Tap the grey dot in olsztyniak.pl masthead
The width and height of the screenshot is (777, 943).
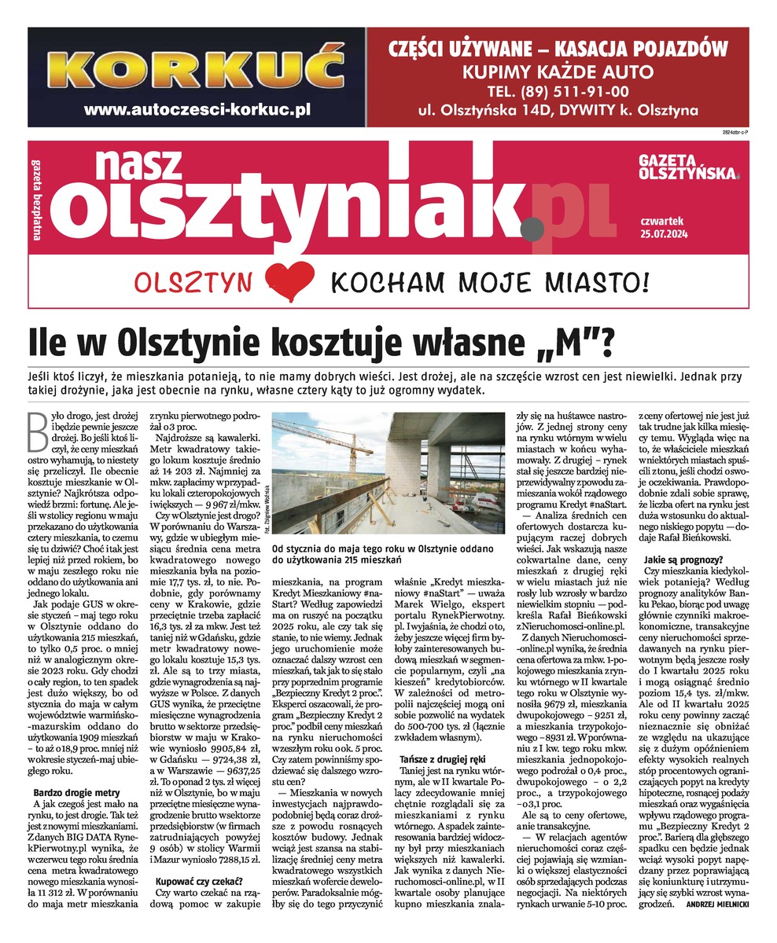pos(531,228)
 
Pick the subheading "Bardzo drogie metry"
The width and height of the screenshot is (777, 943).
pos(76,791)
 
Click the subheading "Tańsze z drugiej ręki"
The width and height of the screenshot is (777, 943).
pos(444,760)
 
